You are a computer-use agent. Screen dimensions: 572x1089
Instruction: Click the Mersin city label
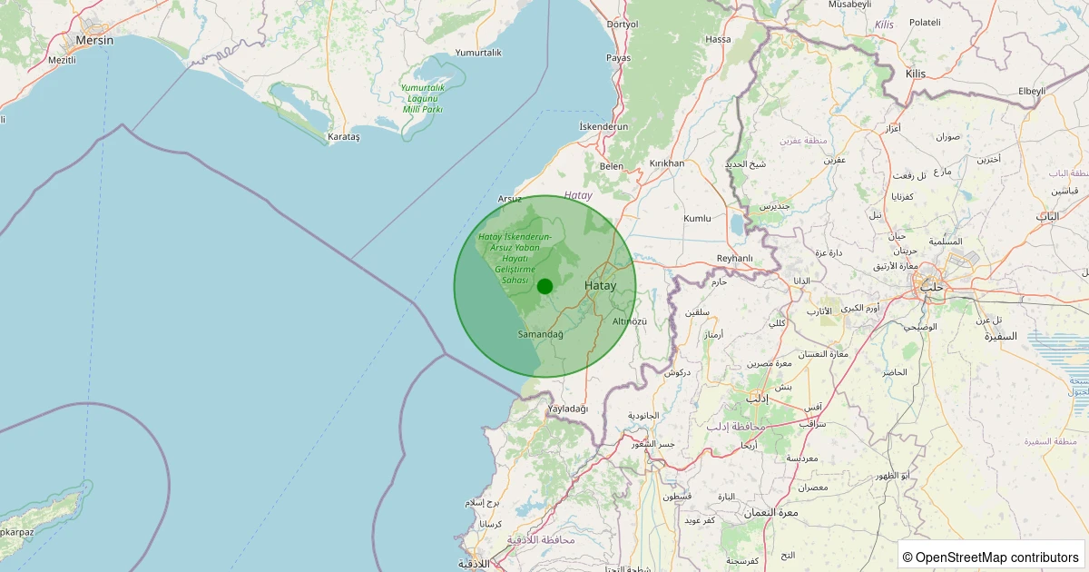[94, 41]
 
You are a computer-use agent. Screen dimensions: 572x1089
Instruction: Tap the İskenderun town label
[603, 127]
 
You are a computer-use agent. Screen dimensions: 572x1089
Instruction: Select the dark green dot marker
[544, 287]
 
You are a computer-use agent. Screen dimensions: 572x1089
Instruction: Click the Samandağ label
[540, 334]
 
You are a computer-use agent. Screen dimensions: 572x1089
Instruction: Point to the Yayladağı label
[568, 409]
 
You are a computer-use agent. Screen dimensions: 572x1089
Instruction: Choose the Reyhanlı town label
[735, 259]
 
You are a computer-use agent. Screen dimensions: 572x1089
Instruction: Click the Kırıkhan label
[667, 163]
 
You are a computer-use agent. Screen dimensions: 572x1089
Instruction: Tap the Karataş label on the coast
[344, 136]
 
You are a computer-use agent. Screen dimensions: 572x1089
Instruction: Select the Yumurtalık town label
[478, 53]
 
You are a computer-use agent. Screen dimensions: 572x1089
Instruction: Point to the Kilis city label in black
[915, 74]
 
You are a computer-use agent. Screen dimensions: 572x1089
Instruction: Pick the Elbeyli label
[1032, 91]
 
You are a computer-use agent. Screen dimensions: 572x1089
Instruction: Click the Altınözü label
[630, 321]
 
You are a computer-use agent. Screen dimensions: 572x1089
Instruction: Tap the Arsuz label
[510, 198]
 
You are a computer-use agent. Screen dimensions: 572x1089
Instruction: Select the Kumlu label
[697, 219]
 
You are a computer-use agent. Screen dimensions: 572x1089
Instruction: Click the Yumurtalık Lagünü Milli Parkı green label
[422, 98]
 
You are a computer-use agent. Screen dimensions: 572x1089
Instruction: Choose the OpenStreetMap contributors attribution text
[993, 557]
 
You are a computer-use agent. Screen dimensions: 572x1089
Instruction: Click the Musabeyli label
[849, 5]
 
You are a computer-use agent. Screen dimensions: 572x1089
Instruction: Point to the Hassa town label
[718, 40]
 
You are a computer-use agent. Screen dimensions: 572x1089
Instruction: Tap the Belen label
[612, 166]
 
